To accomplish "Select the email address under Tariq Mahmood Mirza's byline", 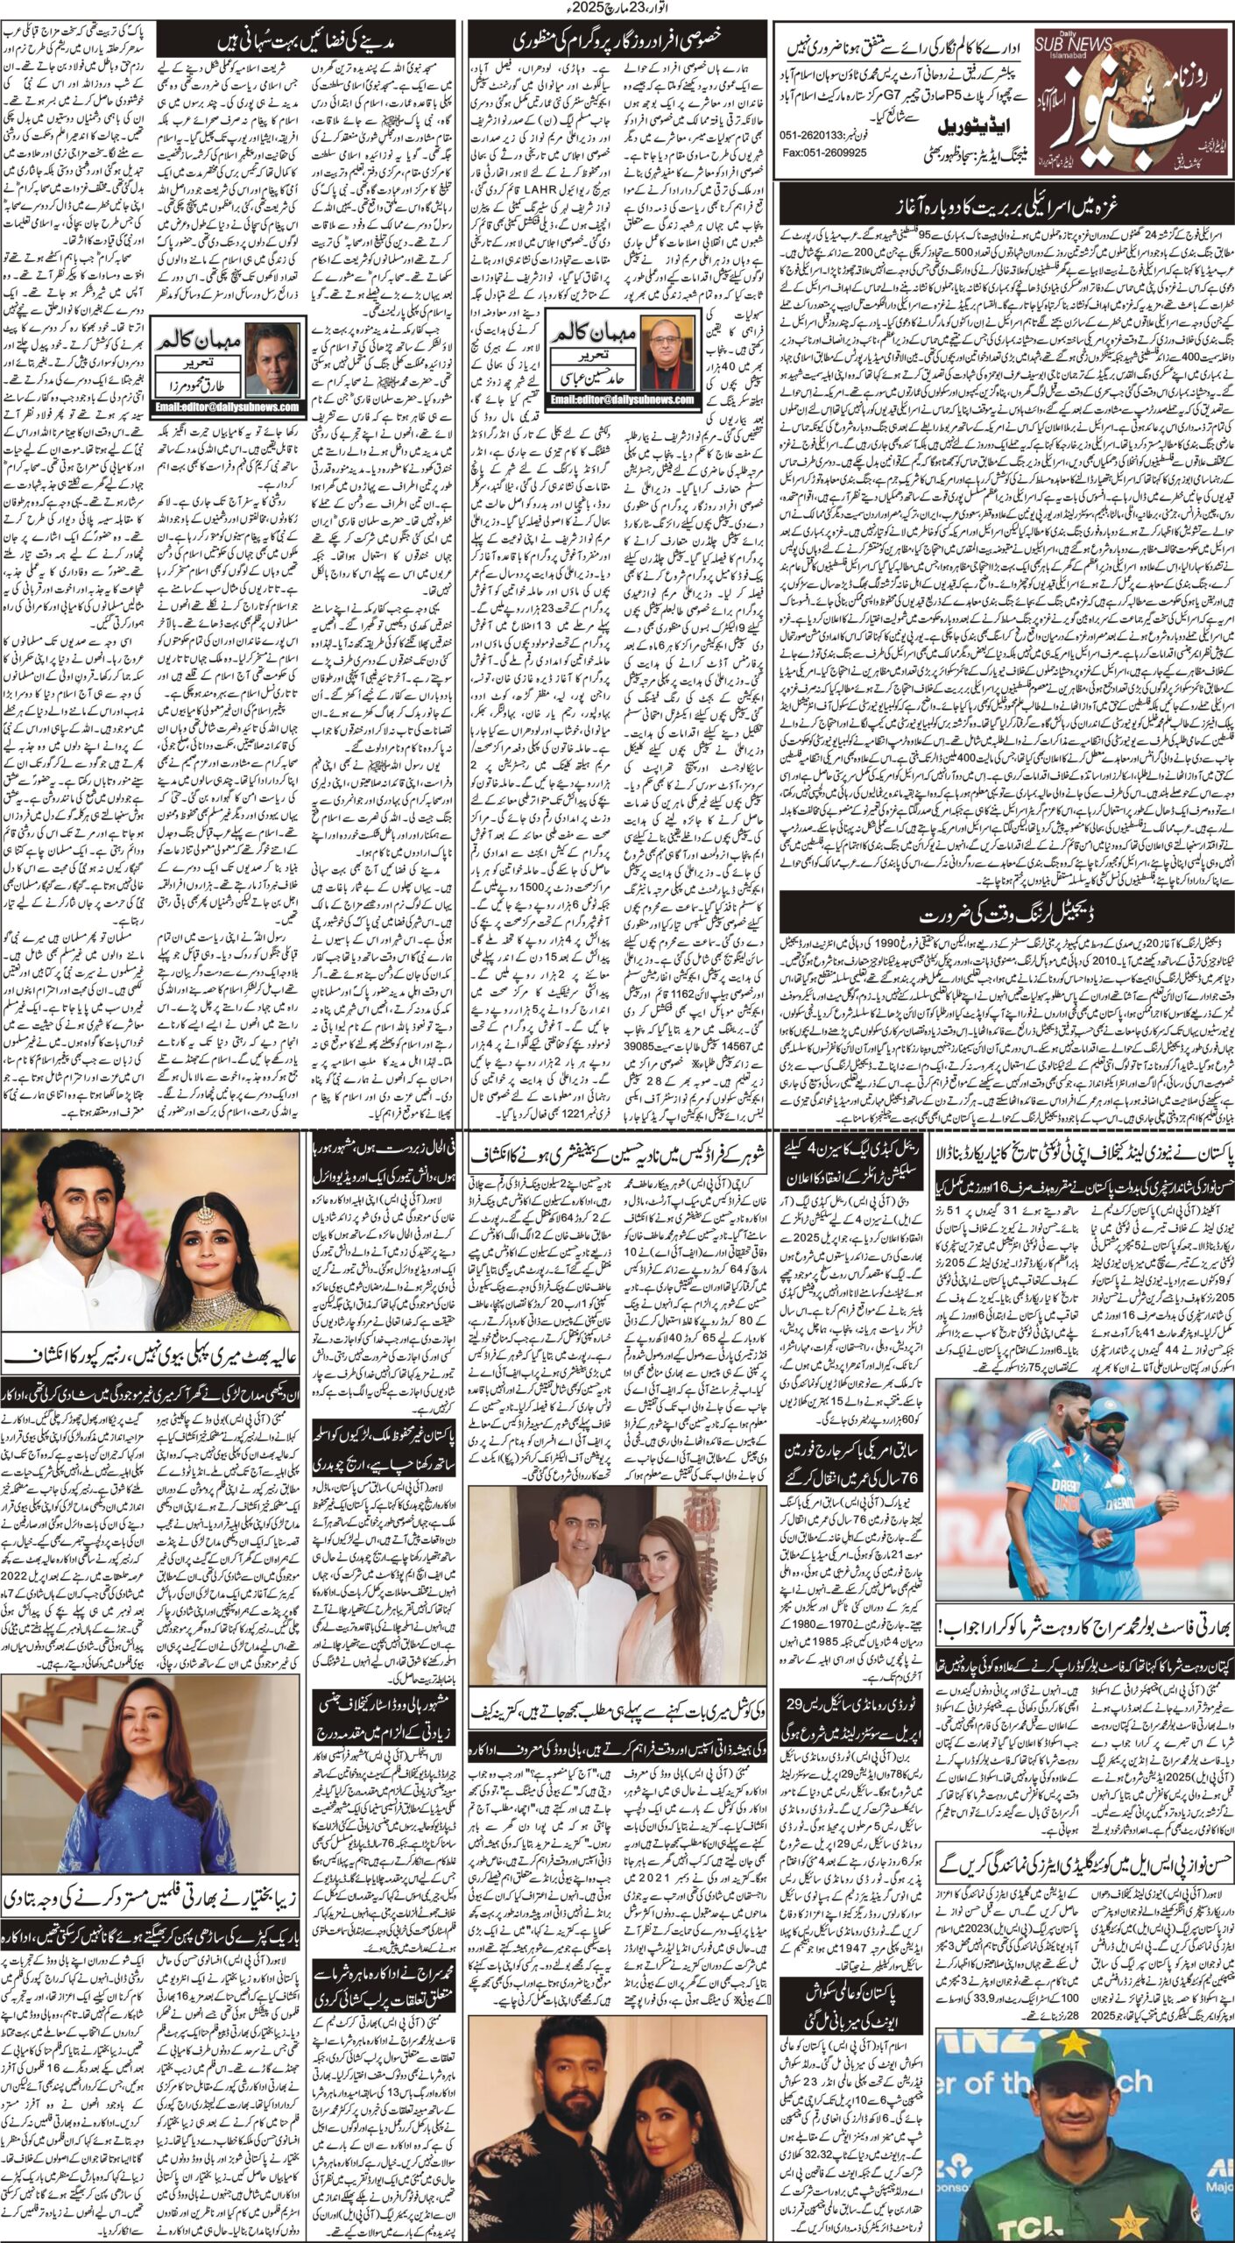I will click(227, 407).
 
